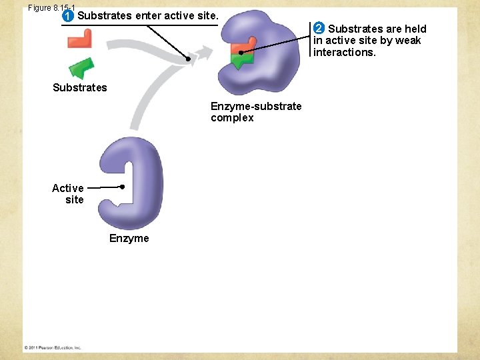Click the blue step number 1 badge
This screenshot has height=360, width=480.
(x=67, y=15)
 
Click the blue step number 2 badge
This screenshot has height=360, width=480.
(x=319, y=28)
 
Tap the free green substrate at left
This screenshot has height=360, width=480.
(x=81, y=67)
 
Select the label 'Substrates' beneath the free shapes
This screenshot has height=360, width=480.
(x=79, y=87)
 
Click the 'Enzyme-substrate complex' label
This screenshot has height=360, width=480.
(x=255, y=112)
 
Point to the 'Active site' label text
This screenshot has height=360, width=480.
(x=68, y=193)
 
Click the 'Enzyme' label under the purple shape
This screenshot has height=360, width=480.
(x=129, y=238)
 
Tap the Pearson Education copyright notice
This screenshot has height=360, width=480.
(x=53, y=347)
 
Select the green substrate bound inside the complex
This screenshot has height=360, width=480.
(x=239, y=61)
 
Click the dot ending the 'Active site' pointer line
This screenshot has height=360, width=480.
(x=123, y=187)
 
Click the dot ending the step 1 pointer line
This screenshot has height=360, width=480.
(x=188, y=59)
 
